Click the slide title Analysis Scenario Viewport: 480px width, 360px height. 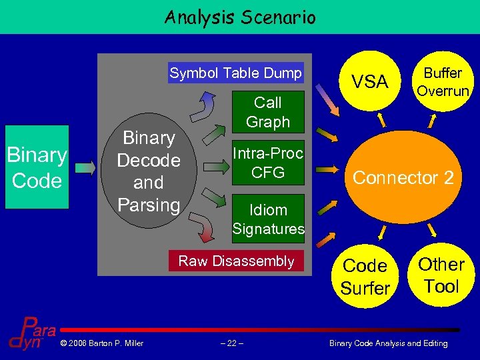point(239,17)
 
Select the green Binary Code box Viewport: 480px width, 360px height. point(37,167)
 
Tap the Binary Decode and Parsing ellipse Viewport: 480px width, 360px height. point(148,172)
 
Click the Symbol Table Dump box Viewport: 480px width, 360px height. point(235,73)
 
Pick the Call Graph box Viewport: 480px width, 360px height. point(268,112)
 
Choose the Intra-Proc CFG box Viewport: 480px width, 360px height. point(268,163)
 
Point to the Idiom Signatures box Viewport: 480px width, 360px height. point(268,219)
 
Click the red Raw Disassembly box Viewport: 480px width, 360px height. point(236,261)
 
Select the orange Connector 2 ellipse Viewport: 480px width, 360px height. point(403,177)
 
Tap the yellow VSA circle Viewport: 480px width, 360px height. point(369,81)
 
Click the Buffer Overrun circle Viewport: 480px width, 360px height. point(443,81)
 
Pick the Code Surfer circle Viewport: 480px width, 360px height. point(365,276)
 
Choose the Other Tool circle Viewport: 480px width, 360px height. point(441,275)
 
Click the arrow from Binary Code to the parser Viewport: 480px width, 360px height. point(85,168)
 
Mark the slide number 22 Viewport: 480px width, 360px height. point(231,343)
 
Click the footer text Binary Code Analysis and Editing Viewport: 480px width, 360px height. point(389,343)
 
